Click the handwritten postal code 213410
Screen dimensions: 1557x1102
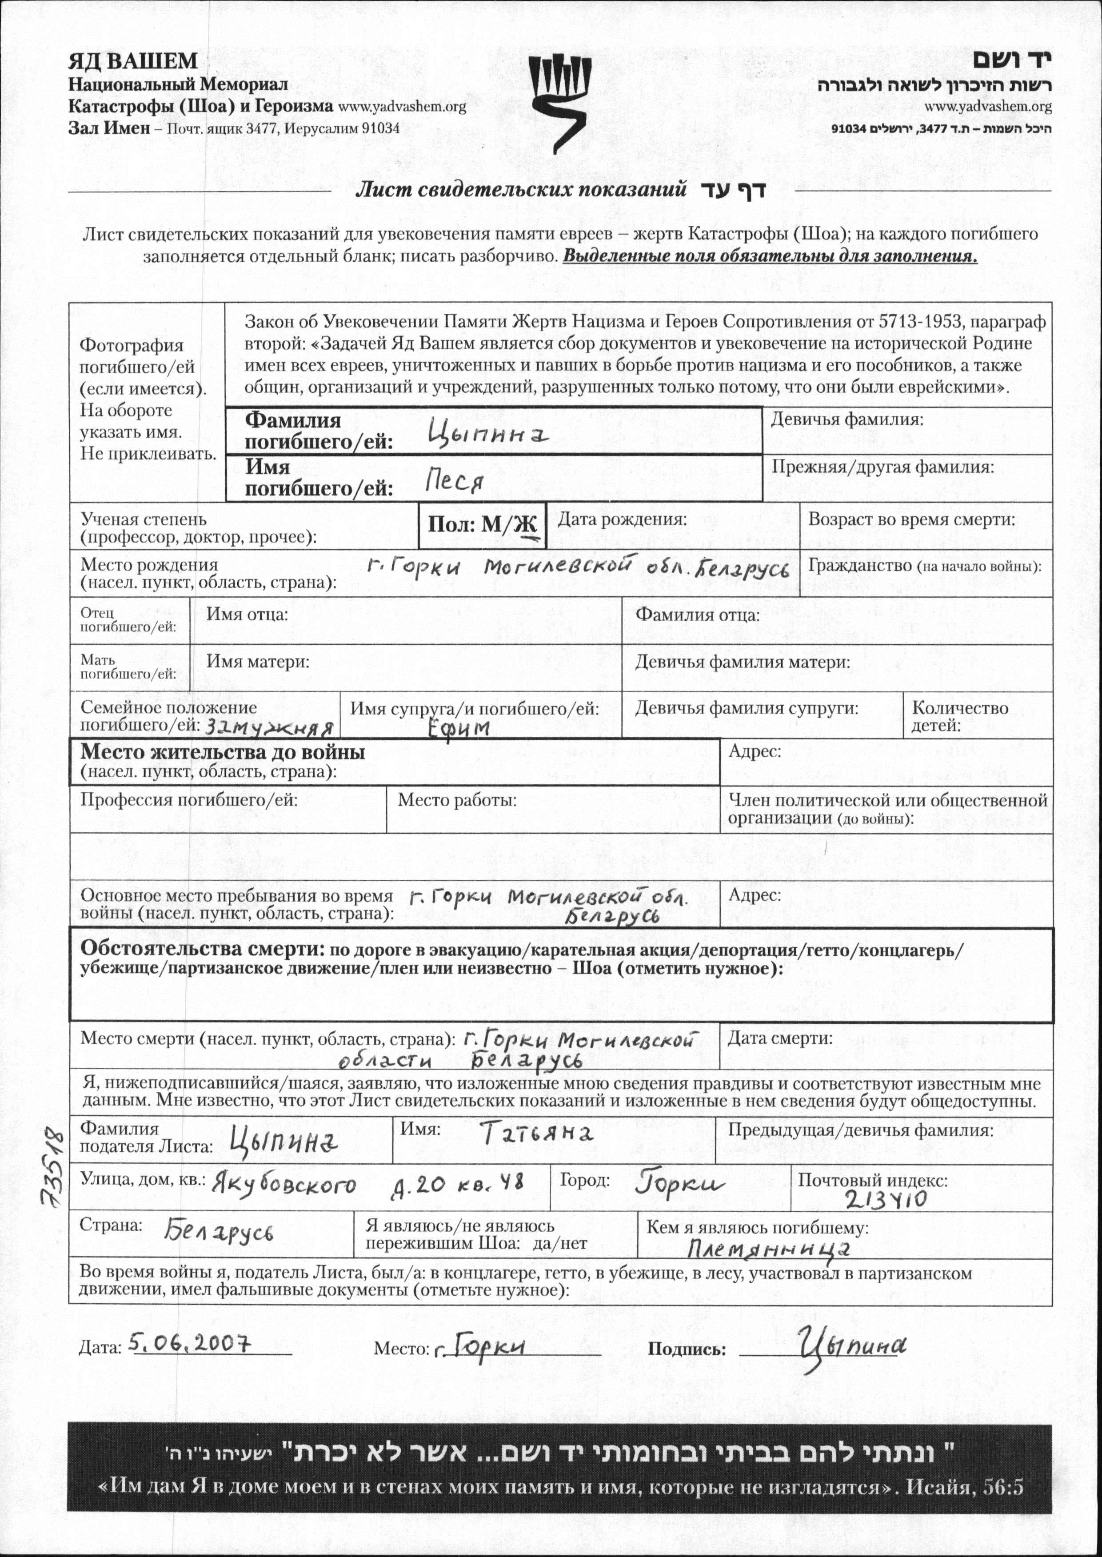886,1199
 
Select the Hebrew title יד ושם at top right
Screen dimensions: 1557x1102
1012,60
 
